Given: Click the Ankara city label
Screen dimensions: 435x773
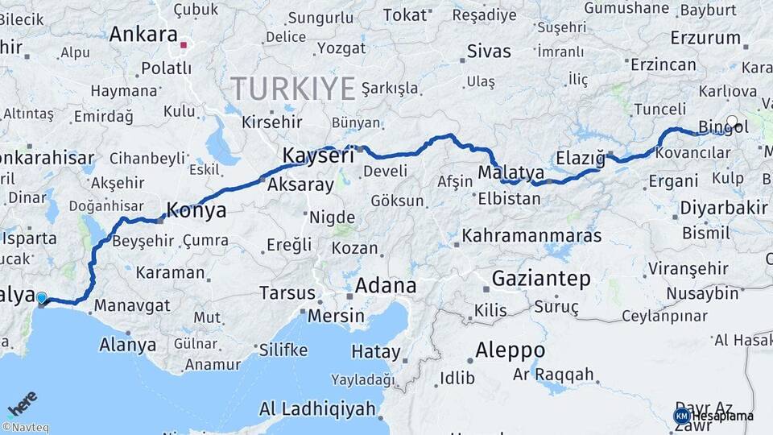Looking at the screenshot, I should pos(143,35).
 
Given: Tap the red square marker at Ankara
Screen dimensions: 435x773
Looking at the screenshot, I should pos(184,45).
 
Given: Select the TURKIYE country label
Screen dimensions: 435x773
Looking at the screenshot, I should pos(293,88).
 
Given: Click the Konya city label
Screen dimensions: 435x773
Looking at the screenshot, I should pos(196,212).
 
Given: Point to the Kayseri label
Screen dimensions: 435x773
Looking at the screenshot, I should pos(318,156).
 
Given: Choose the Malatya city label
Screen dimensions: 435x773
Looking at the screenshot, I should pos(511,173).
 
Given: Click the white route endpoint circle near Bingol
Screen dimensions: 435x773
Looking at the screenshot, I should pos(732,122).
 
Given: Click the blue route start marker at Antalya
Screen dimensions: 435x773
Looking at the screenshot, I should pos(42,299).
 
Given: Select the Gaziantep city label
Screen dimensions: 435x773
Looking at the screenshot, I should pos(540,279).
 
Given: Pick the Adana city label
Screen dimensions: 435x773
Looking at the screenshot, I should pos(386,285).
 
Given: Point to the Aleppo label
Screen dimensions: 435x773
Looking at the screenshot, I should pos(510,350).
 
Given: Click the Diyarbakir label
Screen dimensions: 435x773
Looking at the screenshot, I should pos(723,208).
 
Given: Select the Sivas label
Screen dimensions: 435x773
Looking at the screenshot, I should pos(489,52).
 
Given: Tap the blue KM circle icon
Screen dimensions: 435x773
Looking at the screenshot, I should pos(682,416).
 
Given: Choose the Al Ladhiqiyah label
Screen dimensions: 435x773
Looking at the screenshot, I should pos(317,409).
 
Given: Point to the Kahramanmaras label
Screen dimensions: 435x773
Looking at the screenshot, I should pos(531,236).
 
